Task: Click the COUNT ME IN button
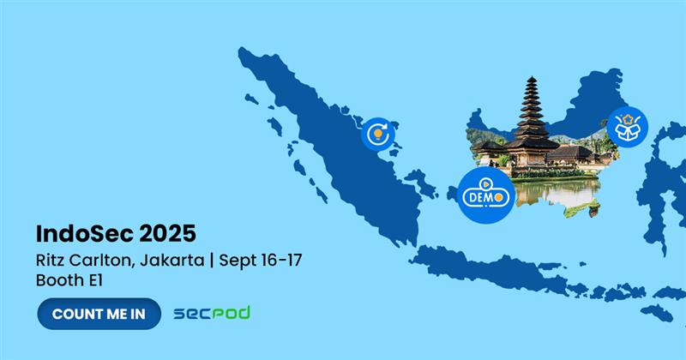(99, 314)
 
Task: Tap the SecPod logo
(212, 313)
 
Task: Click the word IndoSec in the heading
(84, 234)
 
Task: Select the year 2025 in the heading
(167, 234)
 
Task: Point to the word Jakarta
(172, 261)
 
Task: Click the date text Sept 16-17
(261, 261)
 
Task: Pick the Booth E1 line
(69, 280)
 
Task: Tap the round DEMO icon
(486, 195)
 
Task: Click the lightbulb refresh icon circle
(378, 134)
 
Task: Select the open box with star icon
(628, 127)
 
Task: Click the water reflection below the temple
(556, 192)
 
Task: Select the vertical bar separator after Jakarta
(212, 261)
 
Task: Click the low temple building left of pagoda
(489, 149)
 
